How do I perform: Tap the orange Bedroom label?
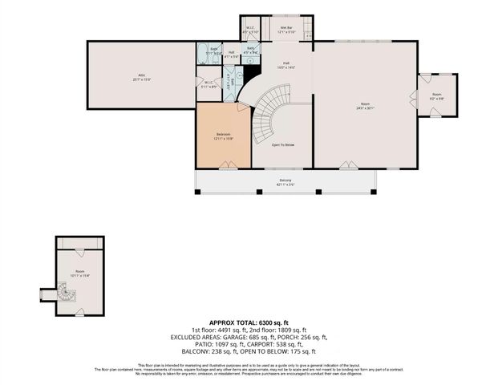point(223,136)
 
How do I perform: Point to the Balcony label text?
point(285,181)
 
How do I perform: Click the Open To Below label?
point(283,145)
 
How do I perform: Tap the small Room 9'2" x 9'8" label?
point(437,95)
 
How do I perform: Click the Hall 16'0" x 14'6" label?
point(287,66)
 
